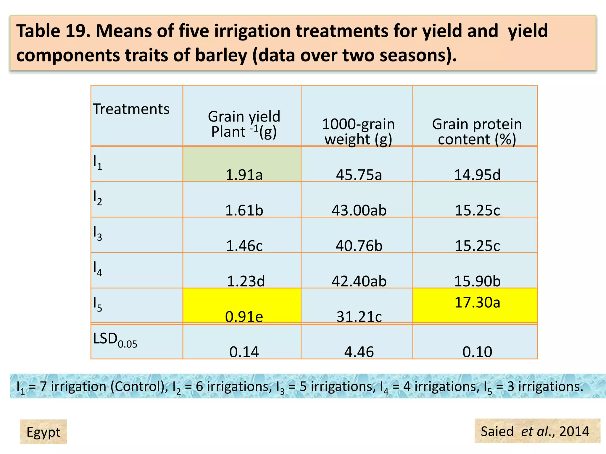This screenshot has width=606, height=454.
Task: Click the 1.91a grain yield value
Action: [x=244, y=175]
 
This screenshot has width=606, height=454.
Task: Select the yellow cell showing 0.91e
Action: [x=244, y=317]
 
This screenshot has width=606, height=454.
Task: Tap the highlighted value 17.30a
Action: [x=477, y=302]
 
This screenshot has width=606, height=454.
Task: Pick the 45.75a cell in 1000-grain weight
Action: [x=359, y=175]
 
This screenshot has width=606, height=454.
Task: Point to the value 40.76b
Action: [x=359, y=246]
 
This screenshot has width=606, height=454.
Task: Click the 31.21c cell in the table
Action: [x=359, y=317]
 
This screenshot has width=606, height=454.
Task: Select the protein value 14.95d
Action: [x=477, y=175]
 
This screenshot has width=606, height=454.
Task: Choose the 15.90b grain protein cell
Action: [x=477, y=281]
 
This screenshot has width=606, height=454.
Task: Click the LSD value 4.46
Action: [x=359, y=352]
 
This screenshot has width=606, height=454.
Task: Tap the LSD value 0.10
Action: [x=477, y=352]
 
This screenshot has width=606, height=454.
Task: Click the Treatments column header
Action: [x=131, y=109]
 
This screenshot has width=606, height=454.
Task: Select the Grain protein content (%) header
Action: [x=477, y=132]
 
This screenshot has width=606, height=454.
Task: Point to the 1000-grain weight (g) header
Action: [x=358, y=132]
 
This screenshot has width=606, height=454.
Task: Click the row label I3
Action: [x=97, y=233]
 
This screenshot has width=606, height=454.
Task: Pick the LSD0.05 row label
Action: [x=115, y=340]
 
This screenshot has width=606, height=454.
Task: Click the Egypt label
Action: [x=43, y=432]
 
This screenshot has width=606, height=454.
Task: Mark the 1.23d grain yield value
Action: [x=246, y=281]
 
